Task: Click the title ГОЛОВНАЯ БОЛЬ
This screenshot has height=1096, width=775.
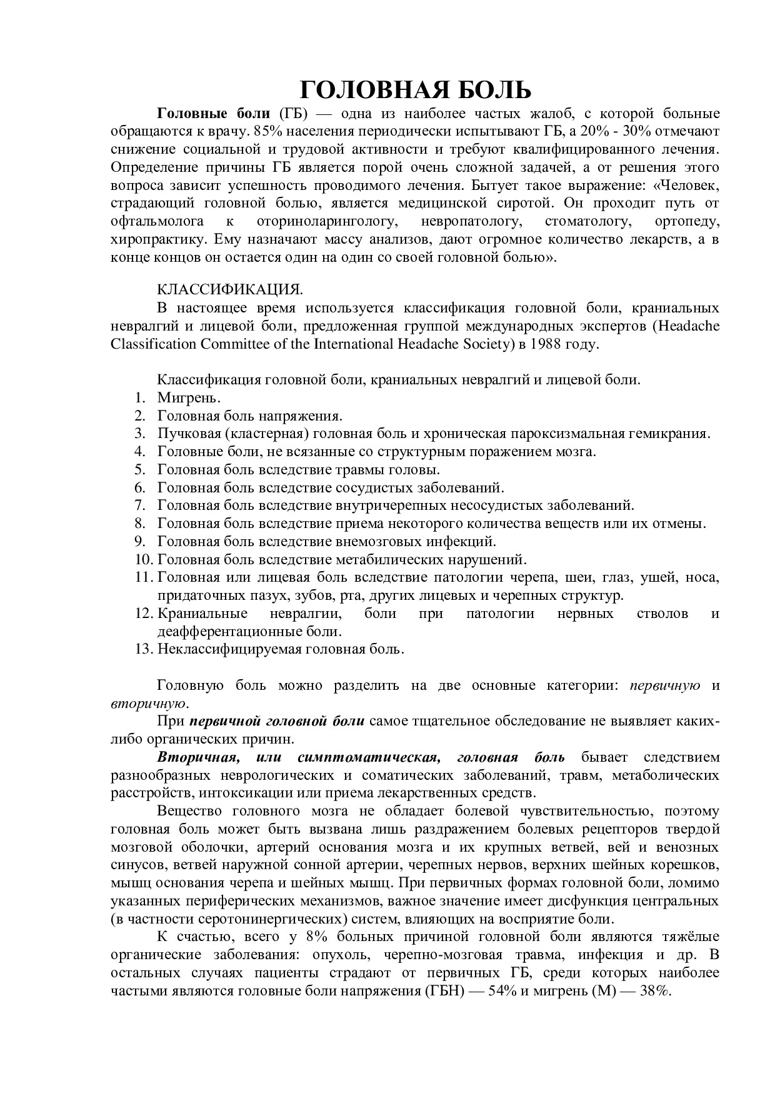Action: pos(416,90)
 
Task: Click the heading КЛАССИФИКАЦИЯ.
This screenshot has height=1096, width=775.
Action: pos(229,289)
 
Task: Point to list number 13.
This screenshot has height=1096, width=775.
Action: pos(143,649)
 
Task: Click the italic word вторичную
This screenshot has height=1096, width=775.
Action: pos(147,703)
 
